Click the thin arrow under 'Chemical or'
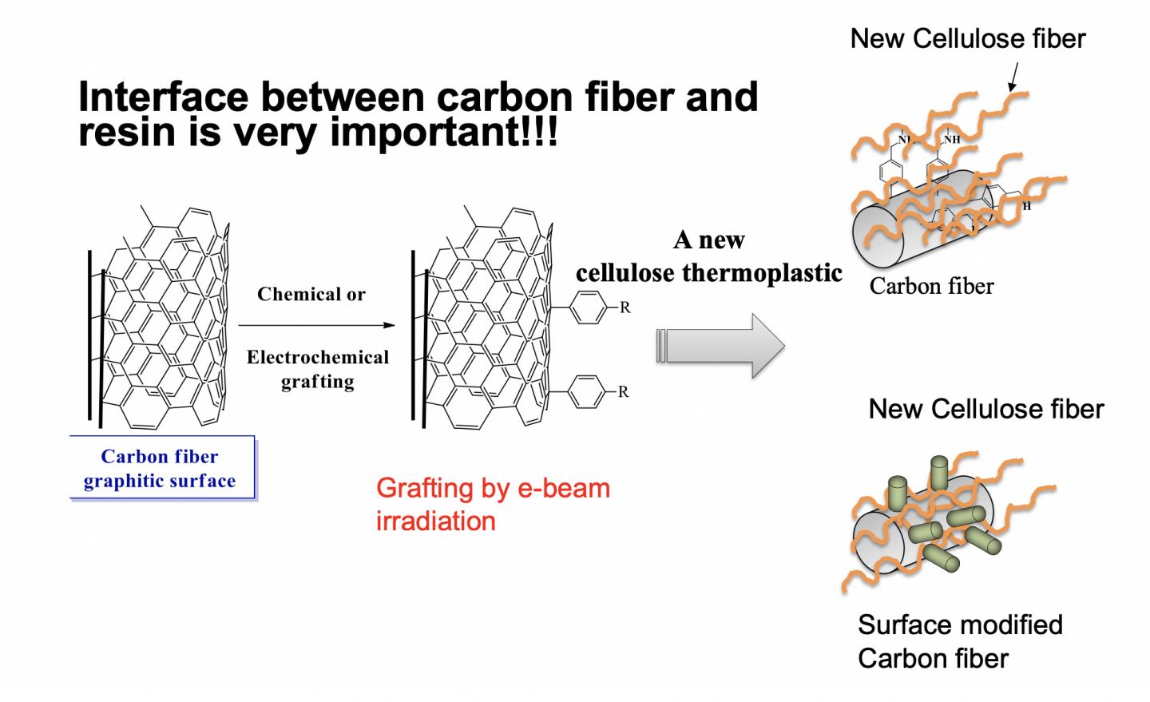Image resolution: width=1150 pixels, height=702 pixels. click(x=316, y=325)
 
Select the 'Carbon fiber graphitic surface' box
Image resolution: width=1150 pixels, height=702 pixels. click(x=161, y=468)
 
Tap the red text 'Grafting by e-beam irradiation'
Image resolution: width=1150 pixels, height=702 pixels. click(x=492, y=504)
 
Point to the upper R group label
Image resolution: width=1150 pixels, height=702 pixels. click(x=625, y=307)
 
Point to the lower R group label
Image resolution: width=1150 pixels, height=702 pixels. click(x=624, y=391)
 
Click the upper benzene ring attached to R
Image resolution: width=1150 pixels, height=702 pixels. click(x=587, y=307)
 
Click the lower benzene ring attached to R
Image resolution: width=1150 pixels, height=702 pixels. click(x=587, y=391)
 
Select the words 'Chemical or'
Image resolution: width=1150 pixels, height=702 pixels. click(x=311, y=294)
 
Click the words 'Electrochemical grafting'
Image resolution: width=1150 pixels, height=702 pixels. click(x=317, y=368)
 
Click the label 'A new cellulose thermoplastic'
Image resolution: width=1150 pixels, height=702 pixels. click(x=708, y=256)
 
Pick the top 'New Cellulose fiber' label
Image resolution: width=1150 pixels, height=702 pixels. click(x=967, y=38)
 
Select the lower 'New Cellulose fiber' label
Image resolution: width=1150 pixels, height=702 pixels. click(x=985, y=409)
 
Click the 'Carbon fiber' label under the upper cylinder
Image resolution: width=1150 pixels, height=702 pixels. click(x=931, y=286)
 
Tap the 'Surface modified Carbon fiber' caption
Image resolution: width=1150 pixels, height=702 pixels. click(x=959, y=641)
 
